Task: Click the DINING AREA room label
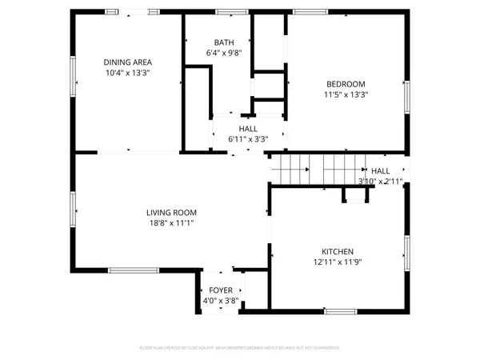(128, 62)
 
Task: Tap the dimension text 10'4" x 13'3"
(128, 73)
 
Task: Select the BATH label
(224, 42)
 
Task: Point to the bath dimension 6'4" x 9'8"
(224, 54)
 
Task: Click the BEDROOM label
(346, 84)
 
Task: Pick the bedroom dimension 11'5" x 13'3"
(346, 94)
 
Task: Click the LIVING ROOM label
(171, 213)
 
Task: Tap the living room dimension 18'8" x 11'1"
(171, 223)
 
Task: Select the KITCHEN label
(338, 251)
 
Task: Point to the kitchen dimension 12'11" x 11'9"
(338, 262)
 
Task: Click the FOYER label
(221, 290)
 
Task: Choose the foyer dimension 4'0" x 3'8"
(221, 301)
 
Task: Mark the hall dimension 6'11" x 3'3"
(248, 138)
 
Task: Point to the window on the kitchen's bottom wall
(340, 310)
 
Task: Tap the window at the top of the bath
(231, 11)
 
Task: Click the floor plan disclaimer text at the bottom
(240, 348)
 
